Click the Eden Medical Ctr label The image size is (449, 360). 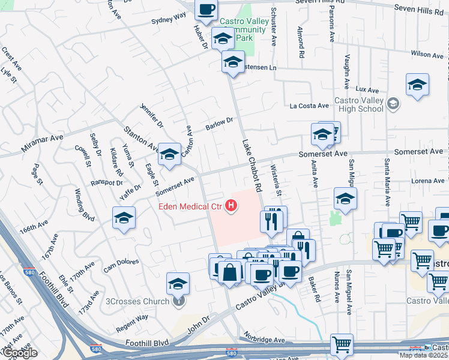pos(190,208)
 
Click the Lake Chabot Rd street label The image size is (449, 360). pos(253,166)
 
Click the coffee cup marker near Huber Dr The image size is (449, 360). pos(206,10)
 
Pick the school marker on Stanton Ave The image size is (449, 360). pos(170,155)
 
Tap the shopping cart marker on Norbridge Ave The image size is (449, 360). pos(342,344)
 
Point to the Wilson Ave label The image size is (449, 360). pos(427,55)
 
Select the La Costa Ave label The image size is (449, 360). pos(309,106)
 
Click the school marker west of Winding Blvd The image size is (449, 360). pos(124,218)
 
